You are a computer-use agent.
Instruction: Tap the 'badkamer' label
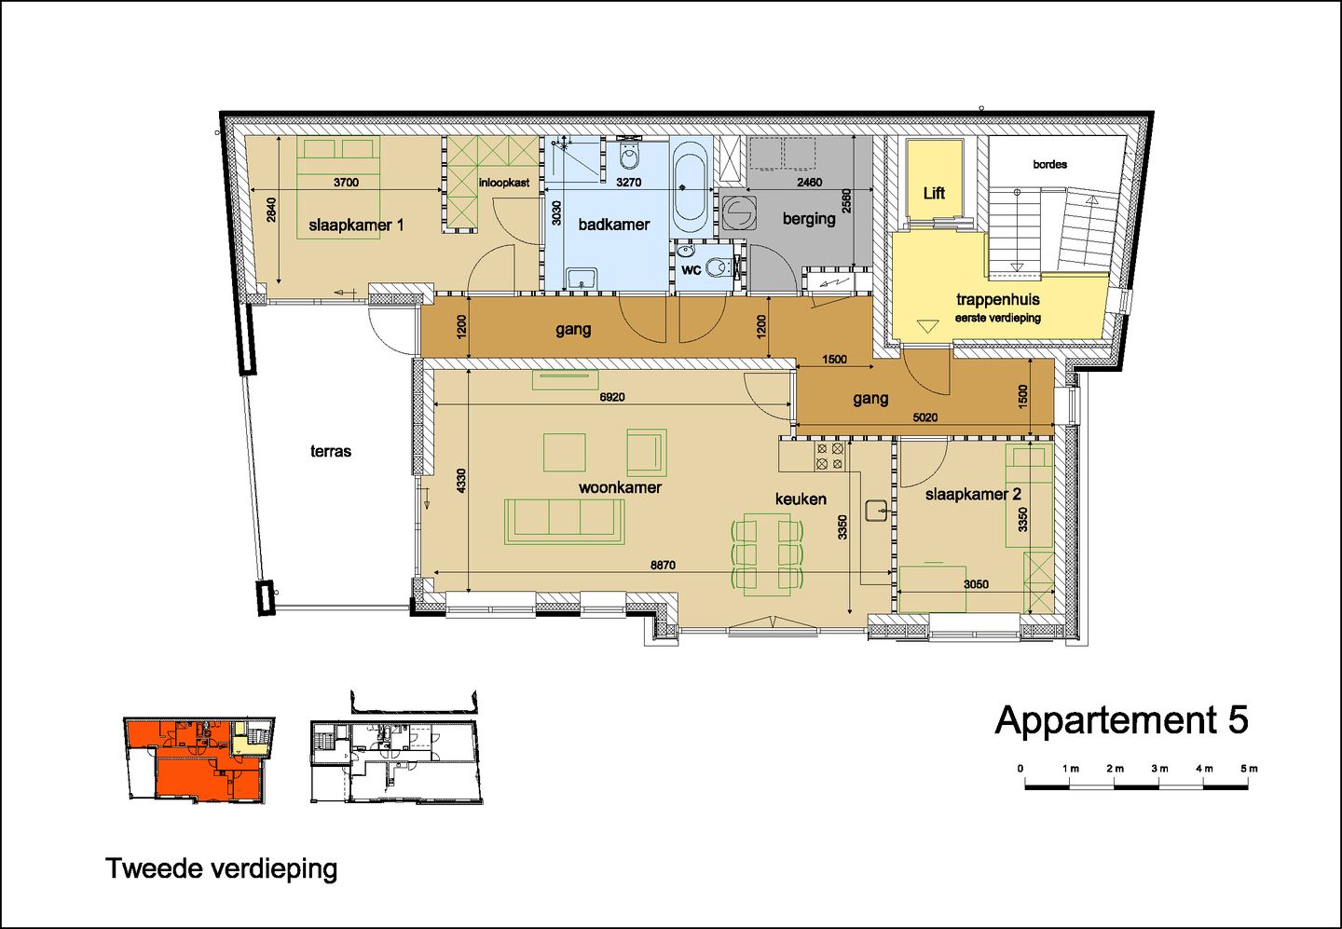tap(613, 225)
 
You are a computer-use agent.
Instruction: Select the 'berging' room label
tap(809, 218)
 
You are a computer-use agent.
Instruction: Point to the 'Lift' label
tap(934, 193)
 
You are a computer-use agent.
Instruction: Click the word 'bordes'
tap(1049, 164)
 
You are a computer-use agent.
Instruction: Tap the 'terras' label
tap(331, 451)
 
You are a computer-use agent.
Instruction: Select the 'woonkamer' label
tap(620, 487)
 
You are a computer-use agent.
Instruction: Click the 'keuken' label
tap(801, 499)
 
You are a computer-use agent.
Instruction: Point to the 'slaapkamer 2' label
tap(973, 494)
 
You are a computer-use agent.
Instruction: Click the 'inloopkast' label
tap(504, 183)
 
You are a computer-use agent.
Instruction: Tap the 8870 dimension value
tap(663, 566)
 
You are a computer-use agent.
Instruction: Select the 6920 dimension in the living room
tap(612, 397)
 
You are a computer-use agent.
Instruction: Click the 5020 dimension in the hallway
tap(924, 417)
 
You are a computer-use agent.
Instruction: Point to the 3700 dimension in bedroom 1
tap(346, 183)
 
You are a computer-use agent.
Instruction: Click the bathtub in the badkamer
tap(690, 187)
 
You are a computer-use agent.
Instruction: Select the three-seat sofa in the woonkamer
tap(564, 521)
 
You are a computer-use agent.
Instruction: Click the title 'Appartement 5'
tap(1121, 720)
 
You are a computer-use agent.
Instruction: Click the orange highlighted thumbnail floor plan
tap(199, 759)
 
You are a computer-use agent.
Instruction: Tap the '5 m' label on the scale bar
tap(1248, 769)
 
